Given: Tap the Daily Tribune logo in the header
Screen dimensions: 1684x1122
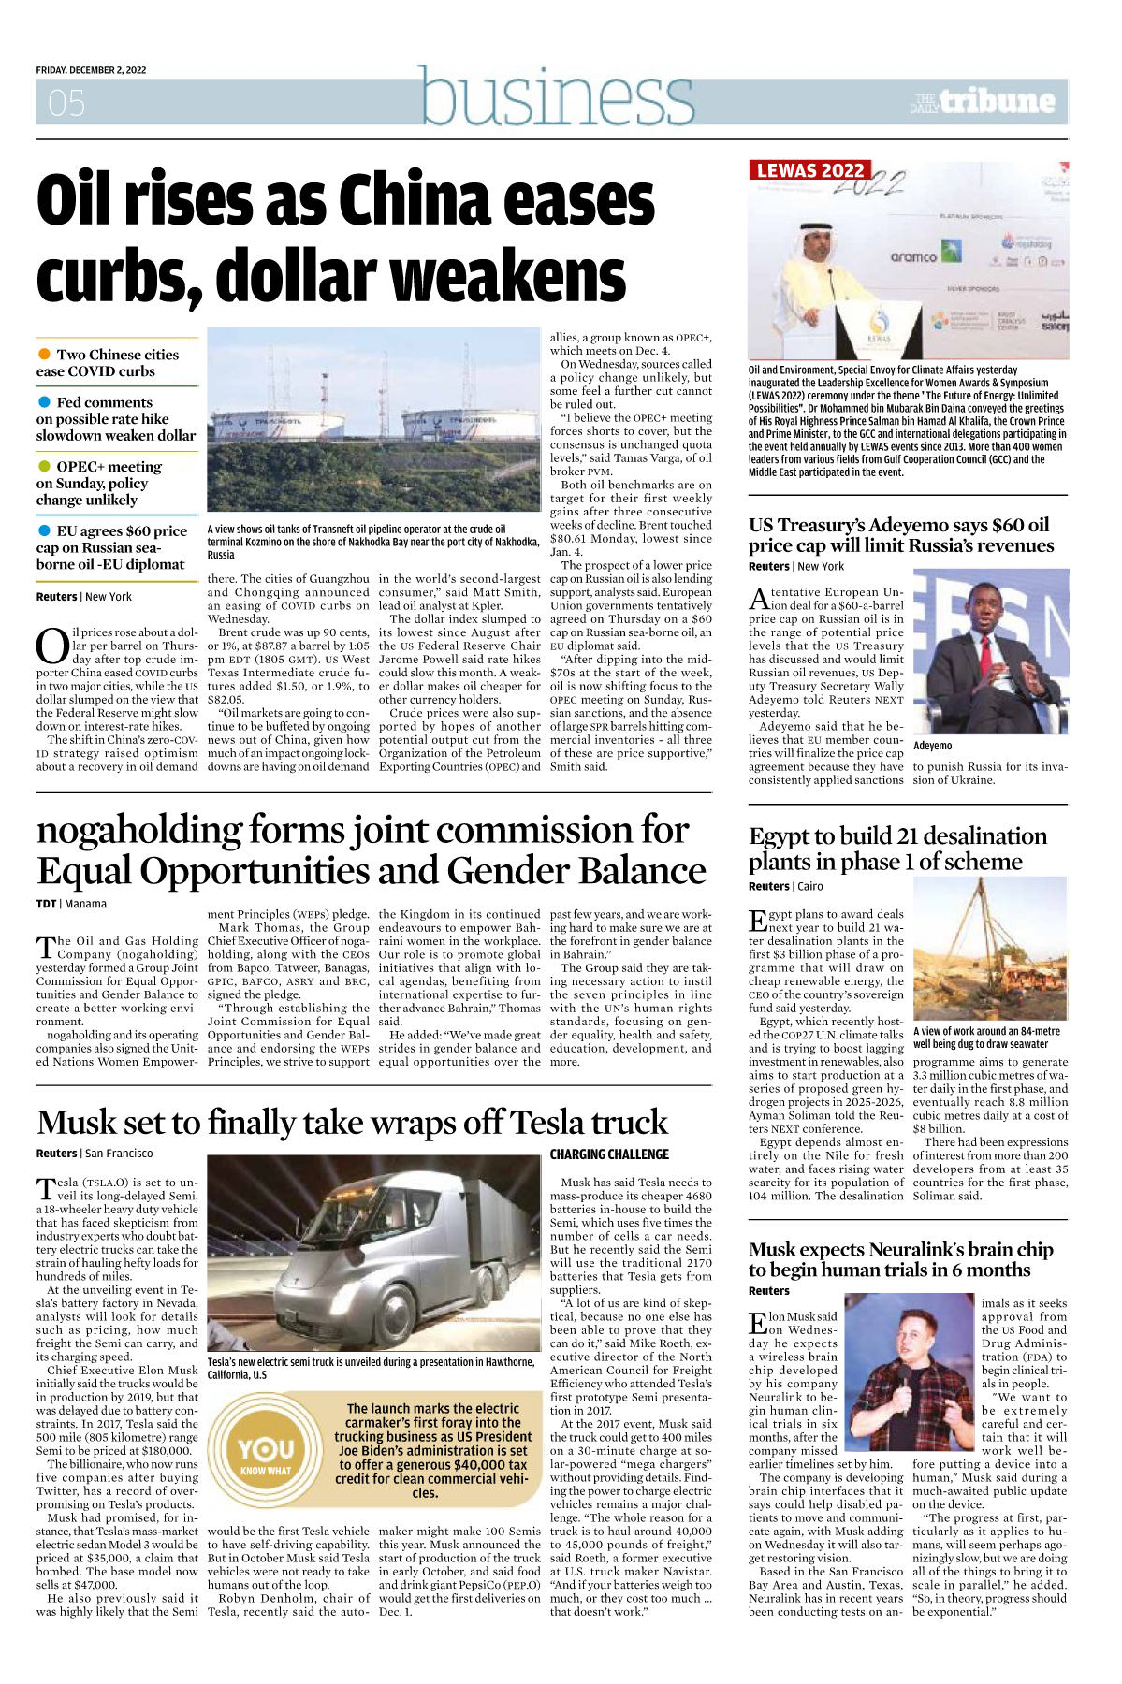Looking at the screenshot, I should click(983, 101).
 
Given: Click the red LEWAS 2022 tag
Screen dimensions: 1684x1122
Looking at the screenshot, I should click(810, 170).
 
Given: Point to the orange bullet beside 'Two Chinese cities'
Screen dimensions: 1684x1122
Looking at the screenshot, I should click(44, 354).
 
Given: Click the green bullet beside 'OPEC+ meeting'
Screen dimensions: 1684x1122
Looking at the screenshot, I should click(44, 466).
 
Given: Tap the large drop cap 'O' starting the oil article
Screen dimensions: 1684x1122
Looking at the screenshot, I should click(51, 646).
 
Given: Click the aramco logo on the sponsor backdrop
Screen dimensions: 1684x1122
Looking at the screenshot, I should click(913, 256).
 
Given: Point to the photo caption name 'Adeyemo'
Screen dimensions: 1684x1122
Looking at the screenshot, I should click(932, 746).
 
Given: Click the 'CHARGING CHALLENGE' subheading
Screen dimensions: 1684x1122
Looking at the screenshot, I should click(609, 1154).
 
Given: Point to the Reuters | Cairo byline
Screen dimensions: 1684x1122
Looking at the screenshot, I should click(786, 886).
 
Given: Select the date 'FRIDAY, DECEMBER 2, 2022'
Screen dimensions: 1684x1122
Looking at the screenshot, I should click(91, 70).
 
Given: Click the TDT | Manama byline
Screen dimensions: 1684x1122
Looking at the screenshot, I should click(71, 904).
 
